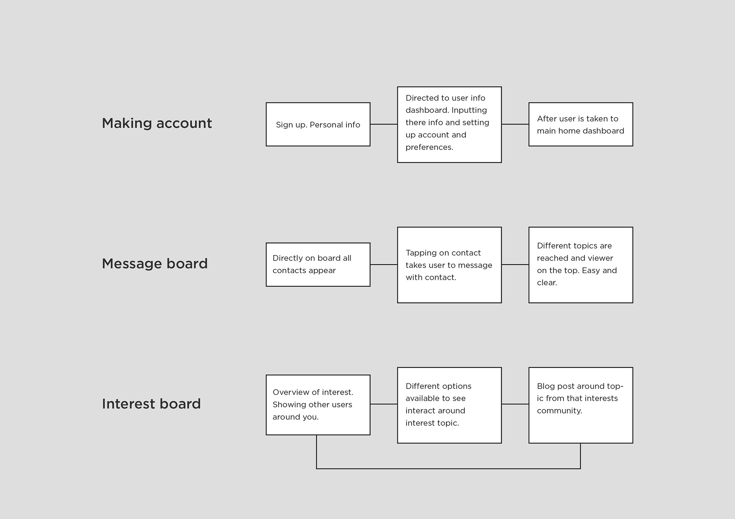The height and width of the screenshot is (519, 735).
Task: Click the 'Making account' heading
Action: (157, 124)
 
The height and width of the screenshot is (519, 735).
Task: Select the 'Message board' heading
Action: (155, 264)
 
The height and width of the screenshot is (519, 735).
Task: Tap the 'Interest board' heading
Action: (151, 404)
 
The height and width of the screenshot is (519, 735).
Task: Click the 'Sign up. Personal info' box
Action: (318, 124)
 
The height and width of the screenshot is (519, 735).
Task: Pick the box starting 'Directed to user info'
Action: (449, 125)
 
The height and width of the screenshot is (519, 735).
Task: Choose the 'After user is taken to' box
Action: (581, 124)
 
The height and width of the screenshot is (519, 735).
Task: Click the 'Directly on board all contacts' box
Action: (318, 265)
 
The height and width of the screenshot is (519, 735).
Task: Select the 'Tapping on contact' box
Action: (449, 265)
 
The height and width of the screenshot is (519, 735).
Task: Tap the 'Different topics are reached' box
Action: (581, 265)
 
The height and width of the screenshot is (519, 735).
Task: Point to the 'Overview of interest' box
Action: (318, 405)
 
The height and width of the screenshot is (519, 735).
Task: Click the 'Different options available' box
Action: (449, 405)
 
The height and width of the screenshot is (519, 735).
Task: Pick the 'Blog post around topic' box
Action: (581, 405)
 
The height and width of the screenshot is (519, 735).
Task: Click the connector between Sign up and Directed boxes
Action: (384, 124)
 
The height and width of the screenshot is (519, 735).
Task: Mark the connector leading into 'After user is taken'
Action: (515, 124)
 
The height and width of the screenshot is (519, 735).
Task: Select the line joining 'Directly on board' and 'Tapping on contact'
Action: (384, 265)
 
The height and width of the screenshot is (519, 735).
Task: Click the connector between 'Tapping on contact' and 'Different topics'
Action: (515, 265)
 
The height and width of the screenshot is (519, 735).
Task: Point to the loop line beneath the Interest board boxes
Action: (448, 469)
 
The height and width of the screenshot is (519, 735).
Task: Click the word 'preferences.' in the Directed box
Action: (430, 147)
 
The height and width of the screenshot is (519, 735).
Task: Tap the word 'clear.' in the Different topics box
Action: (547, 283)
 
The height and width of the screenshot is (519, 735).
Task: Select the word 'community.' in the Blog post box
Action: (560, 411)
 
